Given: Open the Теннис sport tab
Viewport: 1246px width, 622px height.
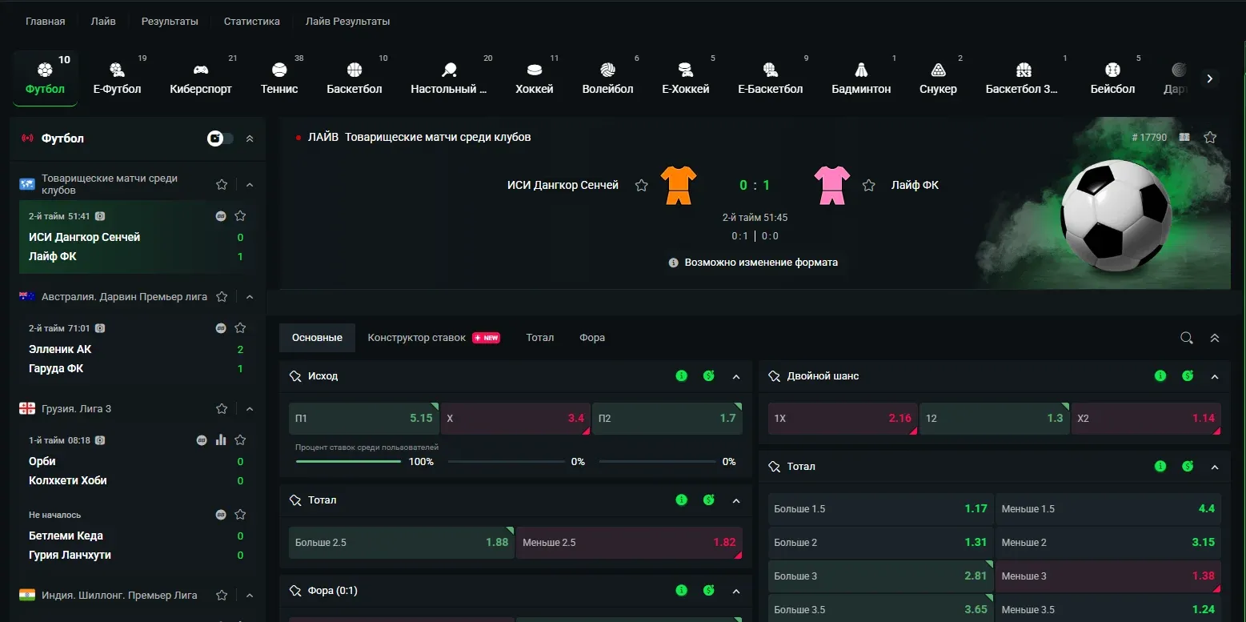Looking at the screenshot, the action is [279, 78].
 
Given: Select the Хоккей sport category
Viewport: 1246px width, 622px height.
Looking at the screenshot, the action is [534, 78].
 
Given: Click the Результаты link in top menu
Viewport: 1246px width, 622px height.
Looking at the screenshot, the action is [170, 21].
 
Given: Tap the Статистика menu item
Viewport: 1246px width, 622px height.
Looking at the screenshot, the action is [251, 21].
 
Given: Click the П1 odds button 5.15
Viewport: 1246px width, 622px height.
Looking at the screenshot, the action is [364, 419].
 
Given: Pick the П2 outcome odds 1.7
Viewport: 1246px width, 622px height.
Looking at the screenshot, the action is [667, 419].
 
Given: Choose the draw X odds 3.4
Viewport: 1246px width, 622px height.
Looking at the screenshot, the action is [515, 419].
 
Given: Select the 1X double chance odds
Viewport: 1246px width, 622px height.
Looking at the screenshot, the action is [843, 419].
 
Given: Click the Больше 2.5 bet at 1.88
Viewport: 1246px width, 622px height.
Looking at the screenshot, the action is [401, 543].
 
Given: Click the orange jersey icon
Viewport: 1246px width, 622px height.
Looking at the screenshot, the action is [679, 185].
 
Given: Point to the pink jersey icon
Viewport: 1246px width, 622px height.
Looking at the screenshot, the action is [831, 185].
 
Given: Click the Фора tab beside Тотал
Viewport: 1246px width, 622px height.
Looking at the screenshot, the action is [592, 338].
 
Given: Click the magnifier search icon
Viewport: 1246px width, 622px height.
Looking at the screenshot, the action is [1187, 338].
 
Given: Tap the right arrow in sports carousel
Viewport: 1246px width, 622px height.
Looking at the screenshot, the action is [1209, 78].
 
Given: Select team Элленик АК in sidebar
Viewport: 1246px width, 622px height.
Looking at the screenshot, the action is [60, 349].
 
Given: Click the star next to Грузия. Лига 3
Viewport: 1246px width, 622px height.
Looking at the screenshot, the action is [222, 409].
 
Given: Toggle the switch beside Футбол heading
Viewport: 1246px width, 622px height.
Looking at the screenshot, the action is [220, 138].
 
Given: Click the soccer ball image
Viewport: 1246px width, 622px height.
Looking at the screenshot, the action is [1116, 215].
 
